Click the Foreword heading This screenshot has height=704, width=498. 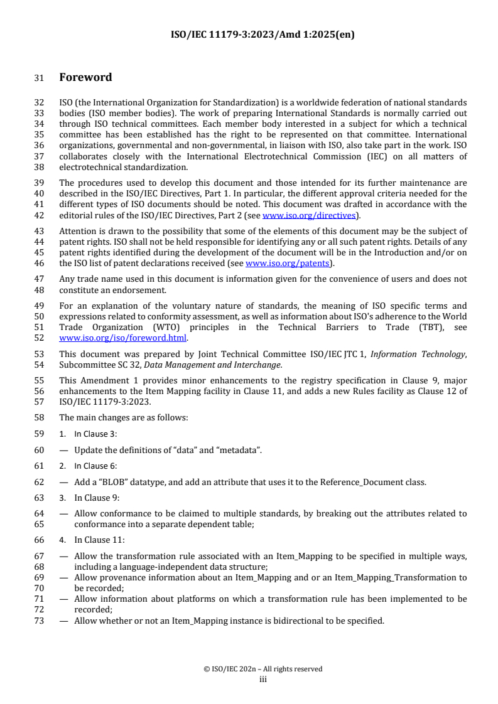[x=85, y=78]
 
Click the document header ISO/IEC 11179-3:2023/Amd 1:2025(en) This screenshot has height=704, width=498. [x=263, y=35]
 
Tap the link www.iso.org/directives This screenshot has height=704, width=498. [x=309, y=215]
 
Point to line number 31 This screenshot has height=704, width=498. [x=39, y=78]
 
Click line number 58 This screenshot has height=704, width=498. [x=39, y=417]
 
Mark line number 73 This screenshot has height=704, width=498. [x=39, y=621]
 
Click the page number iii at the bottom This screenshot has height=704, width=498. [x=263, y=678]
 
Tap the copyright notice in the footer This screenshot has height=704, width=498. [x=263, y=669]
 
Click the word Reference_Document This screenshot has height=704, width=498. [x=343, y=482]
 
